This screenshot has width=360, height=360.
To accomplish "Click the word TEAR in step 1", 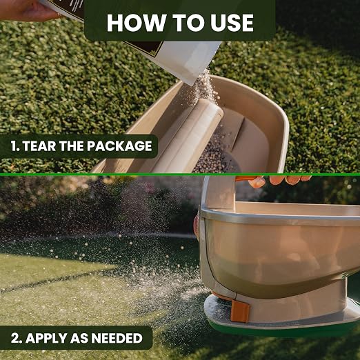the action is [39, 146].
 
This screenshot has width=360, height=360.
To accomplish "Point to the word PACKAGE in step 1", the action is [119, 146].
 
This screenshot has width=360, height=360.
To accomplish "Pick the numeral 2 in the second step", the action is [16, 338].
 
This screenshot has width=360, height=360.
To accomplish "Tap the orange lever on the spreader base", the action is [240, 310].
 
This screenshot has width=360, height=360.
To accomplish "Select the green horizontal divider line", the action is [180, 174].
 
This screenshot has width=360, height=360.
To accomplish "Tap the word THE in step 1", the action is [71, 146].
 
